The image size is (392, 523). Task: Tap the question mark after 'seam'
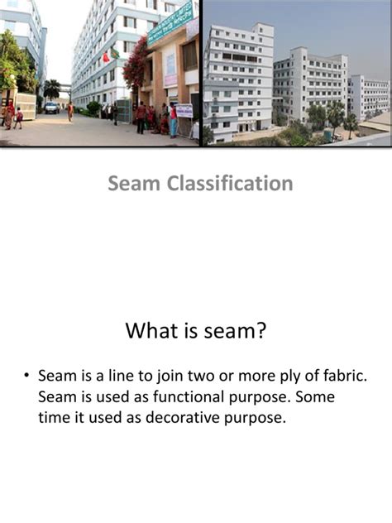click(x=261, y=332)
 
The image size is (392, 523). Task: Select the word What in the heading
click(x=152, y=332)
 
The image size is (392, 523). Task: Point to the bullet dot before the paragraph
click(x=26, y=377)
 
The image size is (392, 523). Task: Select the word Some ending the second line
click(x=314, y=397)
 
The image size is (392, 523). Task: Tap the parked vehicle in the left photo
click(x=51, y=108)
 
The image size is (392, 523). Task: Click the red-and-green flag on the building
click(x=109, y=55)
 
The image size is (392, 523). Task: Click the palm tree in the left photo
click(x=52, y=87)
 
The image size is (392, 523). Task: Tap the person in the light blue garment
click(x=174, y=121)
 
